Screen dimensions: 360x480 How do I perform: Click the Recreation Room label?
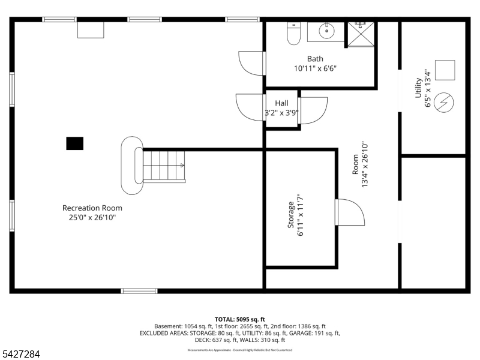[x=92, y=208]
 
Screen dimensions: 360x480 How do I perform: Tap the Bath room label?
[x=315, y=59]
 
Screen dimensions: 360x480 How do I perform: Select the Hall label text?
[x=281, y=103]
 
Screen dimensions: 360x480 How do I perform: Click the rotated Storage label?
[x=291, y=215]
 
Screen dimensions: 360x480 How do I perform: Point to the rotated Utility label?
[x=418, y=89]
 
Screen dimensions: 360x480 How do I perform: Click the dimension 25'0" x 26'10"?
[x=92, y=218]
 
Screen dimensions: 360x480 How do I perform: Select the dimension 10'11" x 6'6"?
[x=315, y=68]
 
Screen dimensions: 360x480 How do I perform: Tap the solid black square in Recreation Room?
[x=74, y=143]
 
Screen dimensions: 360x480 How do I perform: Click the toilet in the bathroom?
[x=293, y=34]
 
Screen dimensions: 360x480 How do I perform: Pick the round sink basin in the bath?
[x=326, y=32]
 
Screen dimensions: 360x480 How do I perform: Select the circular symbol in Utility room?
[x=444, y=103]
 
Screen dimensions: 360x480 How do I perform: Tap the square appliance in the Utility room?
[x=445, y=70]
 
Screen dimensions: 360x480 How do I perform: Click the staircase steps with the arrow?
[x=164, y=166]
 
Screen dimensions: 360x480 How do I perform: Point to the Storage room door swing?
[x=349, y=212]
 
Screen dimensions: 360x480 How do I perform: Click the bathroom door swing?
[x=252, y=63]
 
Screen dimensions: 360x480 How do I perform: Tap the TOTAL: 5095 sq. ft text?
[x=240, y=319]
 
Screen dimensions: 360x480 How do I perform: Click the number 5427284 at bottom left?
[x=20, y=354]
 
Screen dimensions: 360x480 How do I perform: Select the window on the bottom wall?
[x=139, y=291]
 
